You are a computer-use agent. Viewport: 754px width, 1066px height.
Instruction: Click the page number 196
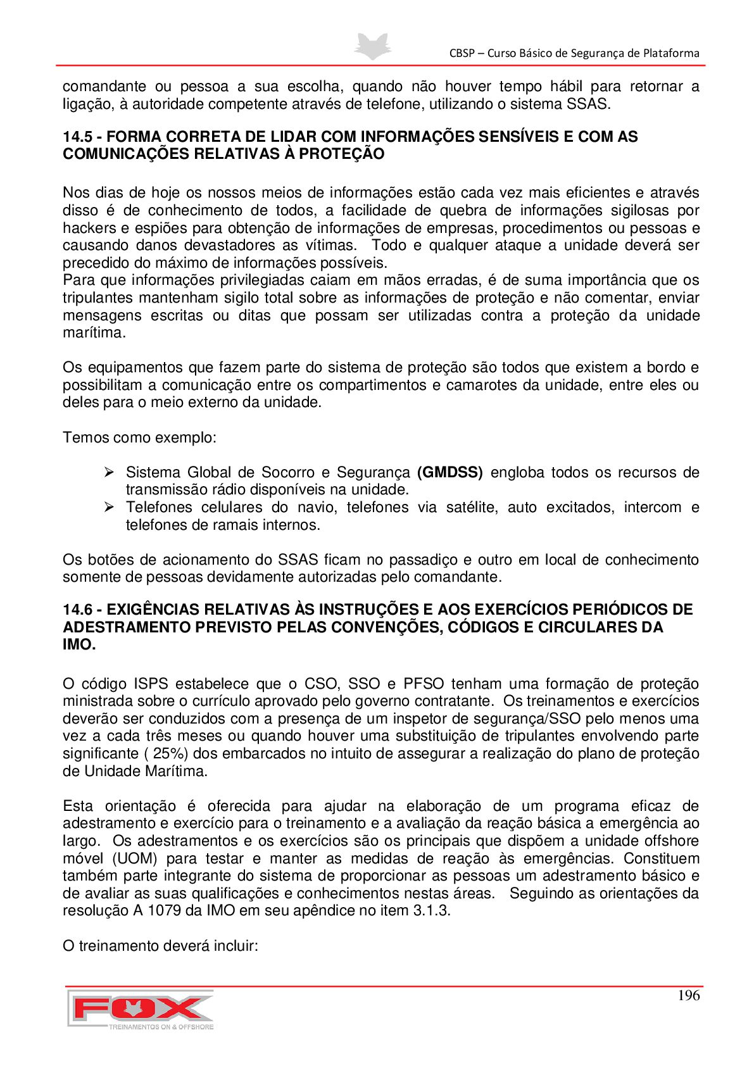(688, 995)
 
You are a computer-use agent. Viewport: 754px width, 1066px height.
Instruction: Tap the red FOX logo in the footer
(141, 1008)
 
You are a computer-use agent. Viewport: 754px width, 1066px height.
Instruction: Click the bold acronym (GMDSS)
(449, 472)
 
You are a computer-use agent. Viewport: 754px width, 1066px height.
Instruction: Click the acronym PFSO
(423, 684)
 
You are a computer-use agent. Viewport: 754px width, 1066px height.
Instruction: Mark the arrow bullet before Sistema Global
(109, 472)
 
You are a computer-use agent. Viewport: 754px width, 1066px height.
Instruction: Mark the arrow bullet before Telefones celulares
(109, 507)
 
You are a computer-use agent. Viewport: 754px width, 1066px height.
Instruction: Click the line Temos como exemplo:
(139, 437)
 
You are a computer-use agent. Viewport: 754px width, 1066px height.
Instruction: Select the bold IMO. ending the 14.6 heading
(79, 645)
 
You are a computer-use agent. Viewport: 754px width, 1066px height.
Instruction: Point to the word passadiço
(423, 560)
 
